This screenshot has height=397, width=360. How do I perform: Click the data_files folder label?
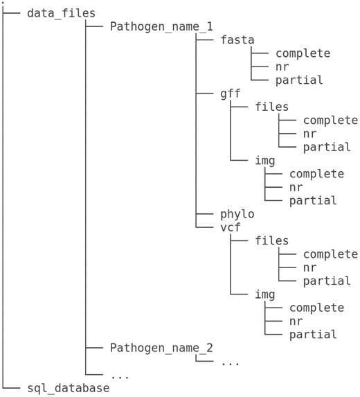[x=61, y=13]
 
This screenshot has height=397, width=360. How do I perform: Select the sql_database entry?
[x=68, y=388]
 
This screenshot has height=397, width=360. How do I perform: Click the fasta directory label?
[x=237, y=40]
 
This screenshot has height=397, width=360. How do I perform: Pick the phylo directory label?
[x=237, y=214]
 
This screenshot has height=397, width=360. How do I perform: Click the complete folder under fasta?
[x=303, y=53]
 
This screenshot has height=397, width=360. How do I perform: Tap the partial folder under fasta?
[x=299, y=80]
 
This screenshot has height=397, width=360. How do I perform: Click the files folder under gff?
[x=272, y=107]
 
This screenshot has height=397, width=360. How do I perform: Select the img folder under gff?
[x=265, y=161]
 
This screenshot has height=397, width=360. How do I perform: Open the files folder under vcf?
[x=272, y=241]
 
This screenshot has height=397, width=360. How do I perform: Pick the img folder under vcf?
[x=265, y=294]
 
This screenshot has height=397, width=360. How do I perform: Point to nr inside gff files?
[x=309, y=134]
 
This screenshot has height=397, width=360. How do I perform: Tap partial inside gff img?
[x=313, y=201]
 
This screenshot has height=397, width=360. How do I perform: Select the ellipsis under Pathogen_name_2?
[x=231, y=362]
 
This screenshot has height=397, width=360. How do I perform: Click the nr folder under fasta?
[x=282, y=67]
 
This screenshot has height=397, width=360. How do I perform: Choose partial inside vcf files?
[x=327, y=281]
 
